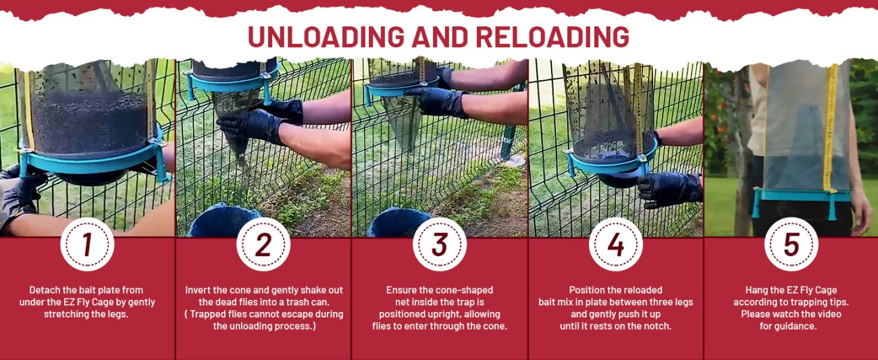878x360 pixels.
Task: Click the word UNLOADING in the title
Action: [326, 37]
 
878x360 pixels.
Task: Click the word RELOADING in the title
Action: [552, 37]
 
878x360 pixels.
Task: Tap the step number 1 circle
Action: [87, 245]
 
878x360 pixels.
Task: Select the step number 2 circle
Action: [263, 245]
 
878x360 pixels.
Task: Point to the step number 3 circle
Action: [440, 245]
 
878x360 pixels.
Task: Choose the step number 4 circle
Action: [615, 245]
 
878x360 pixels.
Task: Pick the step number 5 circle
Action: [791, 245]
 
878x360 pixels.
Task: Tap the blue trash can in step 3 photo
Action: [398, 223]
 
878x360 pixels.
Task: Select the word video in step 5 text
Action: [828, 314]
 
